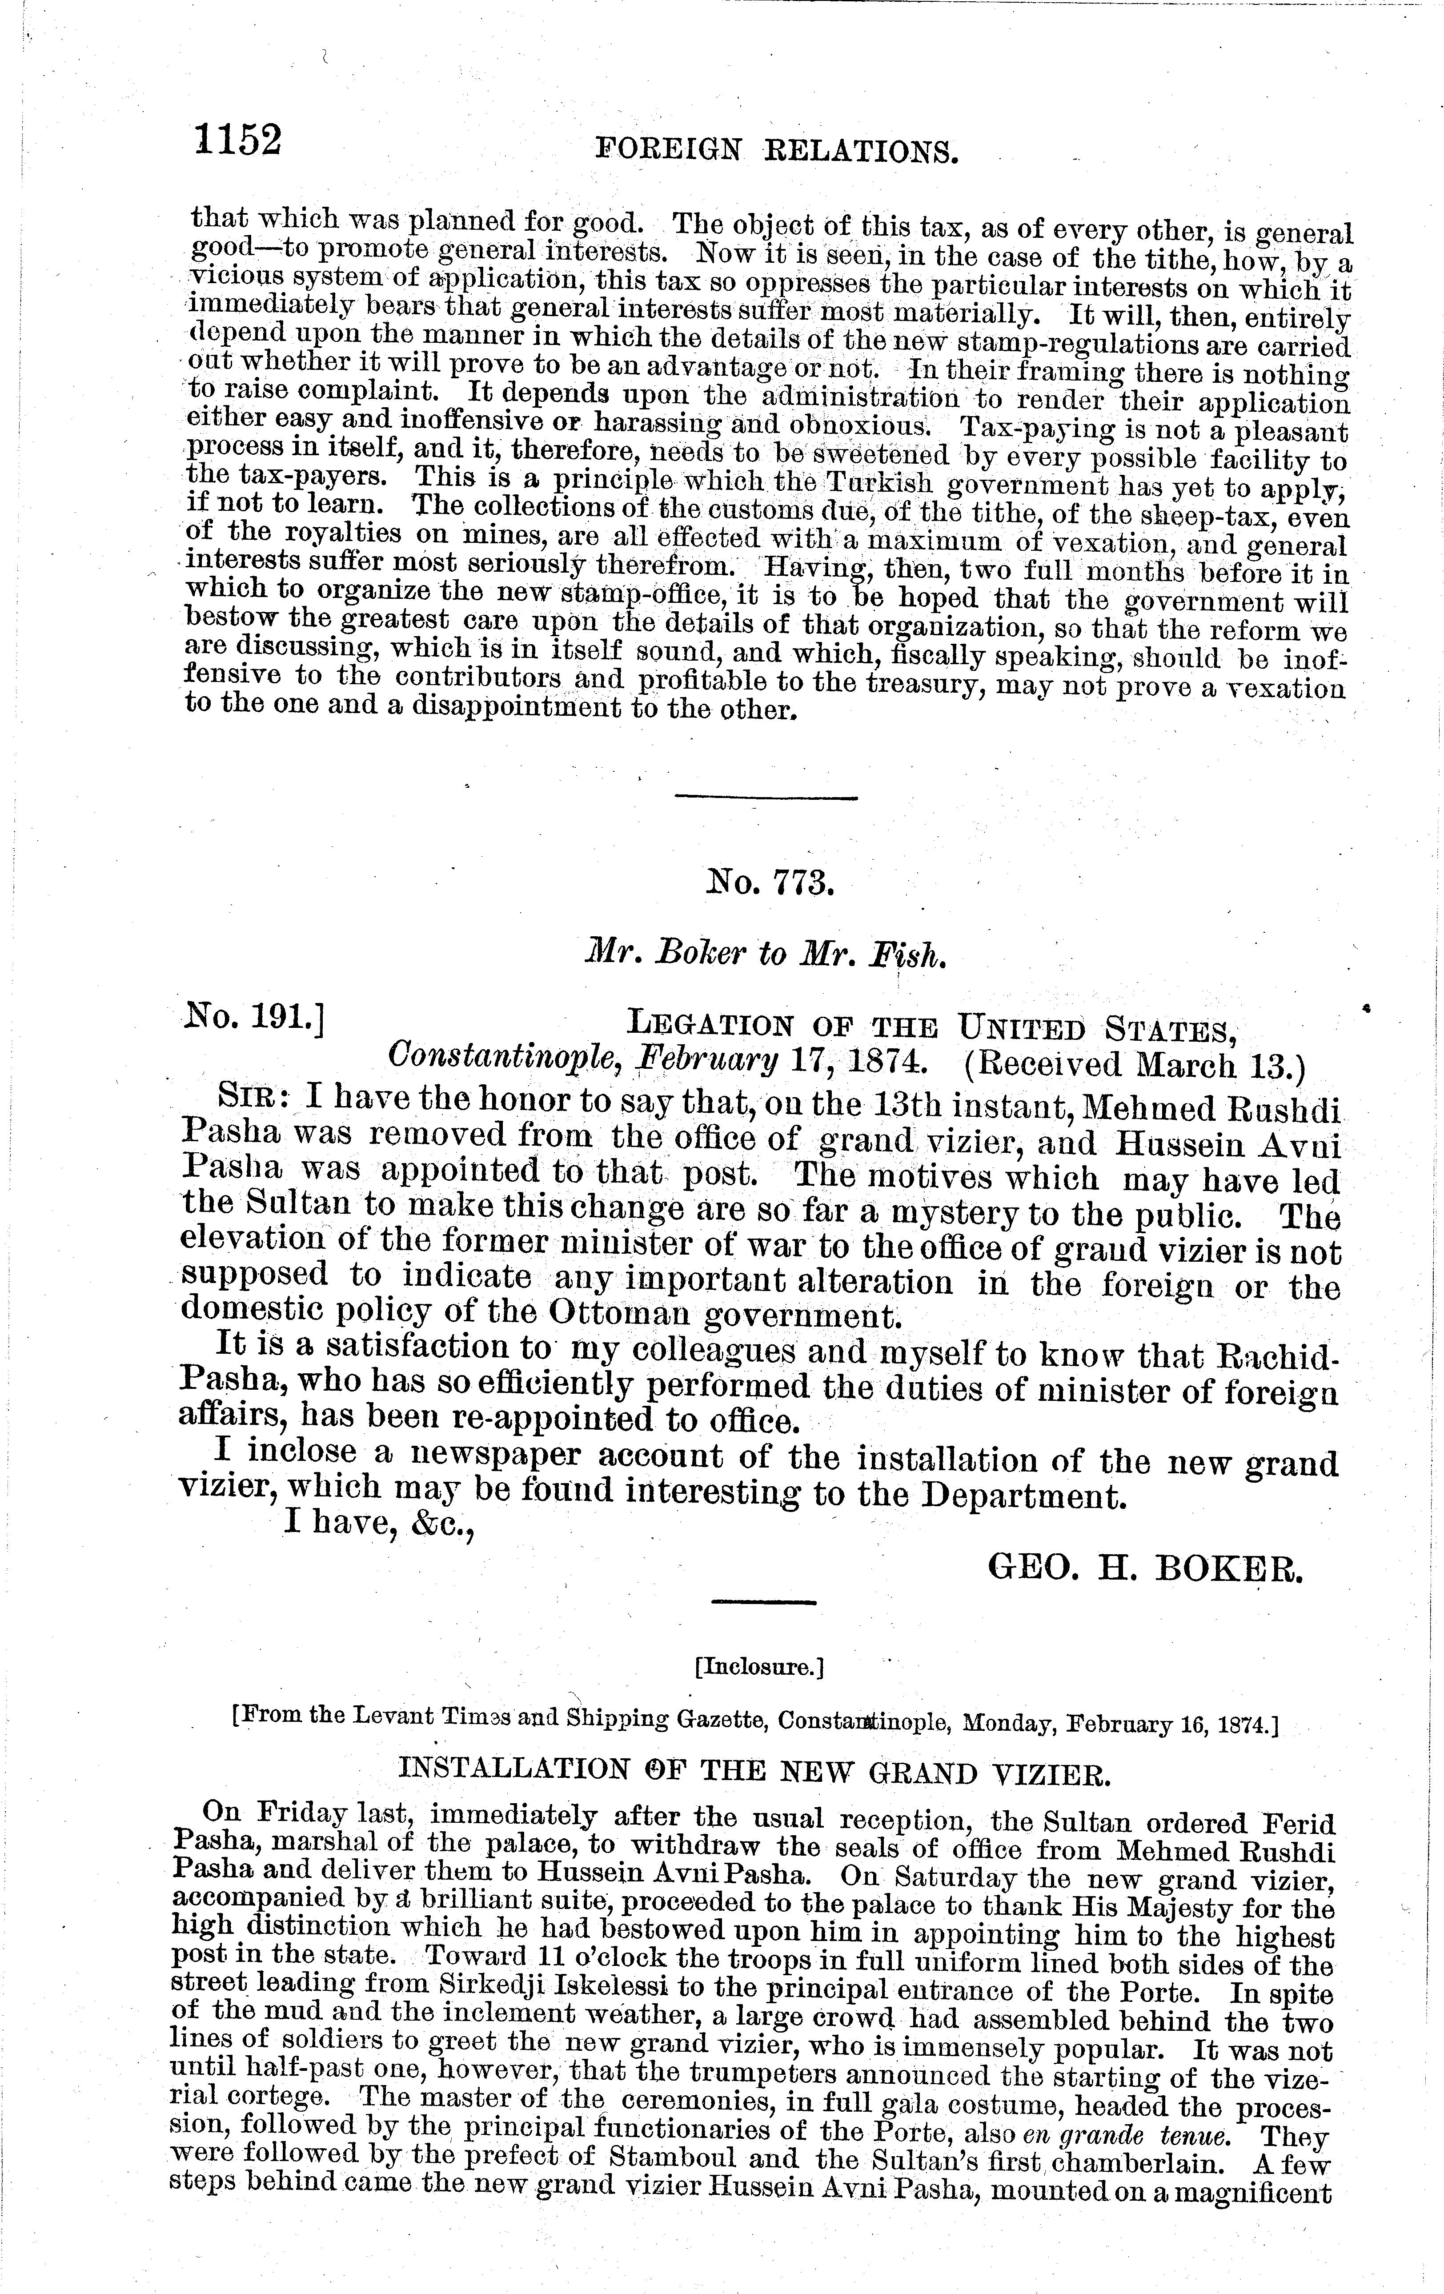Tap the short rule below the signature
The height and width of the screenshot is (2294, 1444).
764,1603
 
